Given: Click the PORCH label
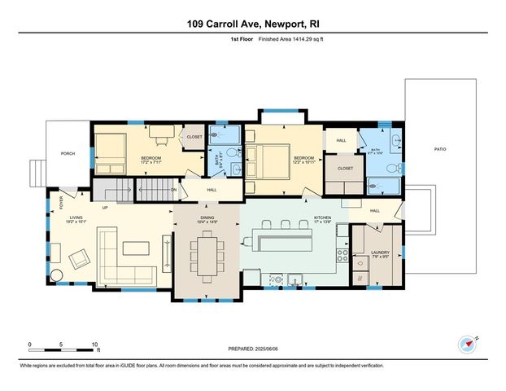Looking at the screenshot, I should pyautogui.click(x=68, y=153).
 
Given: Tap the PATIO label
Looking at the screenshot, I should pyautogui.click(x=440, y=149).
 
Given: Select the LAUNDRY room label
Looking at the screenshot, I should pyautogui.click(x=381, y=253).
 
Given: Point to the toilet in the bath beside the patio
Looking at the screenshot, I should pyautogui.click(x=390, y=169).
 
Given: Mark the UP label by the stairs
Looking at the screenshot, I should pyautogui.click(x=105, y=207).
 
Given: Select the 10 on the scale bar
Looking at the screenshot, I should pyautogui.click(x=96, y=344).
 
